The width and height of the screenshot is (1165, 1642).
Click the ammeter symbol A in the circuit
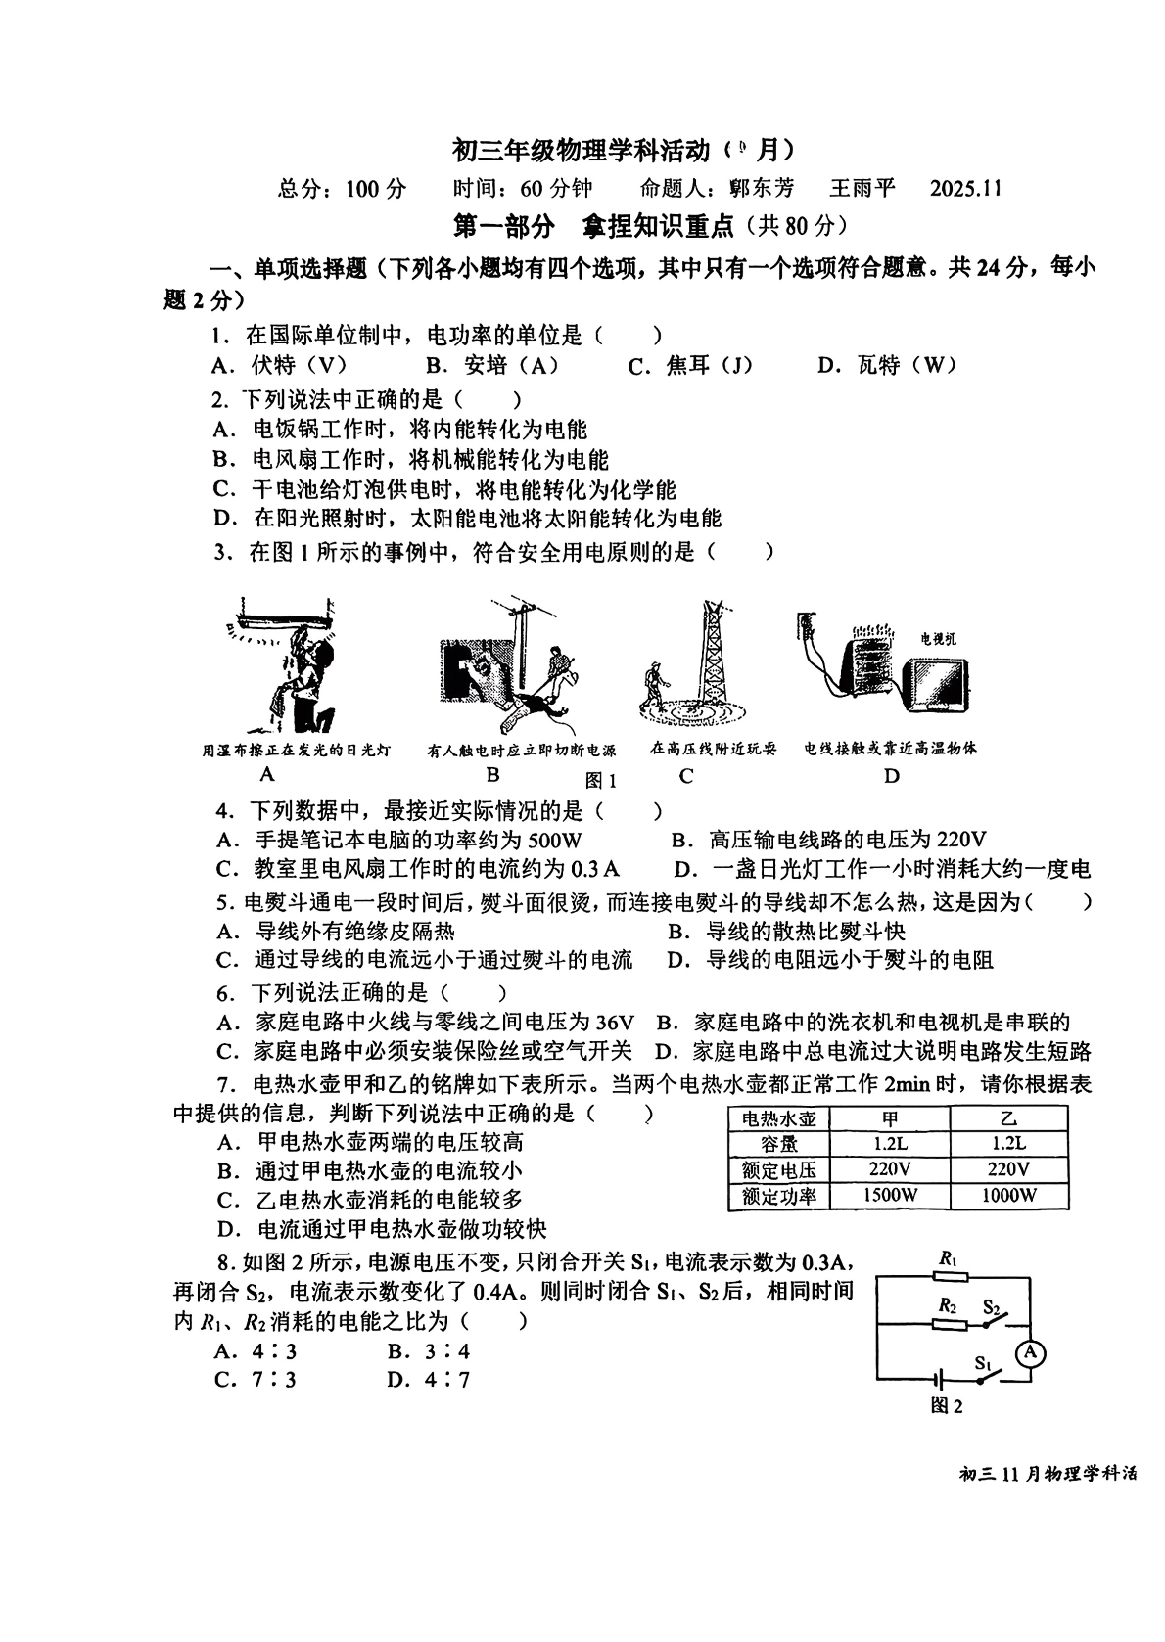[x=1029, y=1353]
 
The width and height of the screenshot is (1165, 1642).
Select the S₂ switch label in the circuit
[x=992, y=1307]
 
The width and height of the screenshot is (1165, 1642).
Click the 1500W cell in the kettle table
[x=890, y=1195]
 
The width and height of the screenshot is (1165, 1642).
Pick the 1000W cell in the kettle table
[x=1008, y=1195]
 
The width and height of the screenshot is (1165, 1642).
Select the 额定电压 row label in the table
[x=779, y=1169]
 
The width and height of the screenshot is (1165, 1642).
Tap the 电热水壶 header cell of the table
[x=779, y=1118]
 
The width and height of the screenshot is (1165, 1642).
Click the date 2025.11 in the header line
[x=966, y=188]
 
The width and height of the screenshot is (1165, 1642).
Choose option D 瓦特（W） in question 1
[x=887, y=366]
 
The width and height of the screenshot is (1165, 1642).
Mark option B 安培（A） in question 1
[x=492, y=366]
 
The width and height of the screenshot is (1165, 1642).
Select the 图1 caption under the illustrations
[x=600, y=780]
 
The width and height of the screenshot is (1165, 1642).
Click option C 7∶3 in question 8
[x=256, y=1380]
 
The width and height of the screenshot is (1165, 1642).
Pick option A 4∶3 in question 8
[x=256, y=1351]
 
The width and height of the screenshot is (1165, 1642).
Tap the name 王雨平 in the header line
[x=862, y=188]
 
